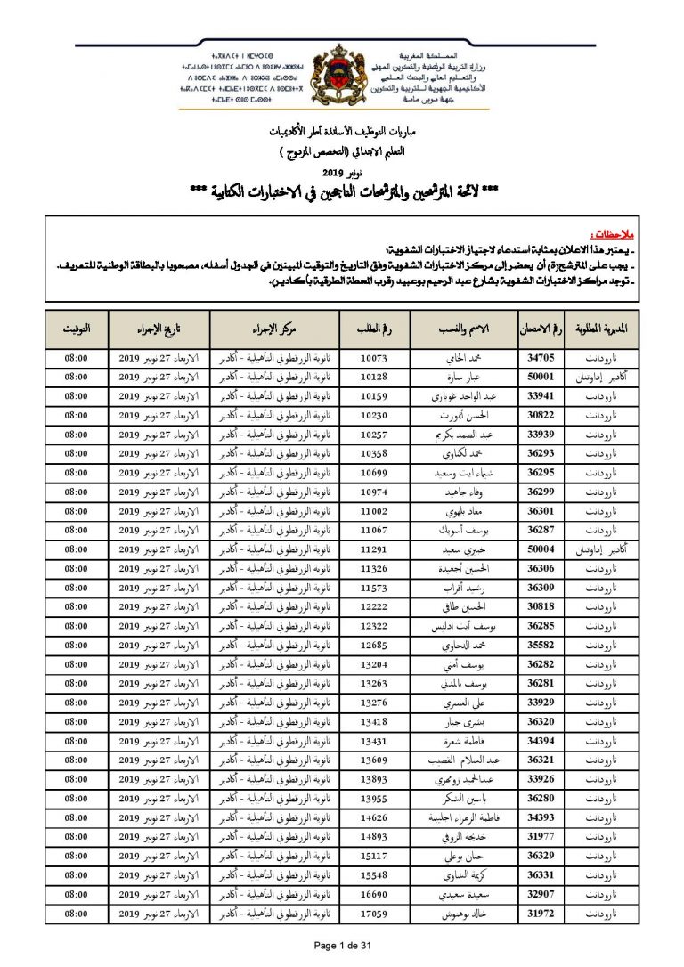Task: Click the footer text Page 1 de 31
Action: pos(342,944)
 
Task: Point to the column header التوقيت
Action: pos(76,329)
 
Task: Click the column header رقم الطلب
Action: pos(373,329)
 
